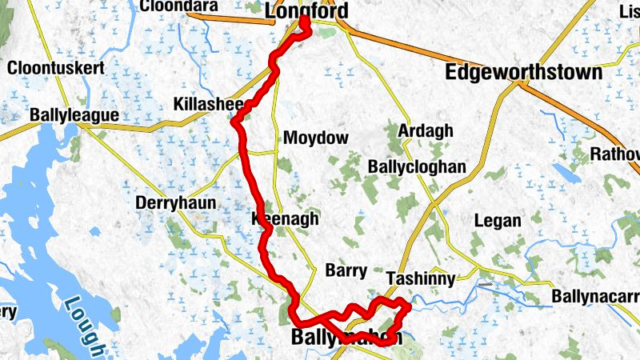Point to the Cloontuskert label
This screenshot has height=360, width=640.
56,68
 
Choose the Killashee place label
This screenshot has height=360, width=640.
207,105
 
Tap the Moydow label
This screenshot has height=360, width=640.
316,138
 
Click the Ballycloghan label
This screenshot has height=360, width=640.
416,166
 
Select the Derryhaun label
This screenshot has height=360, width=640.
176,202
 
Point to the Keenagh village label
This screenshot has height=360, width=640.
286,218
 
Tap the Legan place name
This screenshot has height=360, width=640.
498,221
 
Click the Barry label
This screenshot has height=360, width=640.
346,270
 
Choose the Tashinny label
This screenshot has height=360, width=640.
420,279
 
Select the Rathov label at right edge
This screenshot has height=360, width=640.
614,153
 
